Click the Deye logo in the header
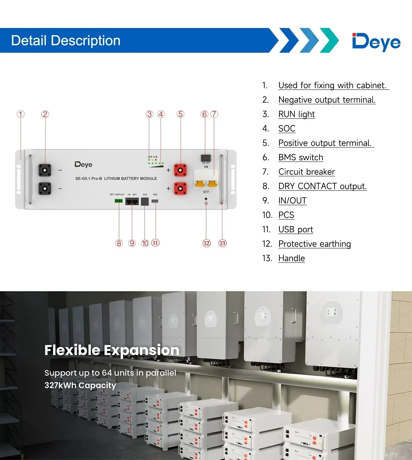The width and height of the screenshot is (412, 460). point(376,41)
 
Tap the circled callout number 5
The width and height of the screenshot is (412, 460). point(180,114)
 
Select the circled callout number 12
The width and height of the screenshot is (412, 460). point(207,243)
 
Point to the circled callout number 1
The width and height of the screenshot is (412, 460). point(21,114)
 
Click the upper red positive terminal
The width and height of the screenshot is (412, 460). point(180,170)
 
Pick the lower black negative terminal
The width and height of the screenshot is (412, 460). point(45,189)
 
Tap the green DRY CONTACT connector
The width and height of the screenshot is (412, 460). point(118,201)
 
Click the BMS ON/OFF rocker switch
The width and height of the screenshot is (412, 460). point(206,158)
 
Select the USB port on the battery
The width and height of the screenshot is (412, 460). point(155,201)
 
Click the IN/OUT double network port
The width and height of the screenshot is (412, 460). point(132,201)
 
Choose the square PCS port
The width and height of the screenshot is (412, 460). point(145,201)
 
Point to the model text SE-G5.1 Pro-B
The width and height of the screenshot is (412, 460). point(88,178)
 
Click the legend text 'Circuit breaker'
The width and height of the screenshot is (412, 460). point(307,172)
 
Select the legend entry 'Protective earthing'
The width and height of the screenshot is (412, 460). point(314,244)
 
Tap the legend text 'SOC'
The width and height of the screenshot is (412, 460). point(287,128)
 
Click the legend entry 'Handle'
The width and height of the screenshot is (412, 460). point(291,258)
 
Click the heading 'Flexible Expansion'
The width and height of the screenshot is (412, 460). point(112,350)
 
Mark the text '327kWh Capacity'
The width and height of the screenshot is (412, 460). point(80,385)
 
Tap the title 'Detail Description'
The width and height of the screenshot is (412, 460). point(66,41)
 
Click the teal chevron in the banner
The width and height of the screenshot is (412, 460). point(329,40)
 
